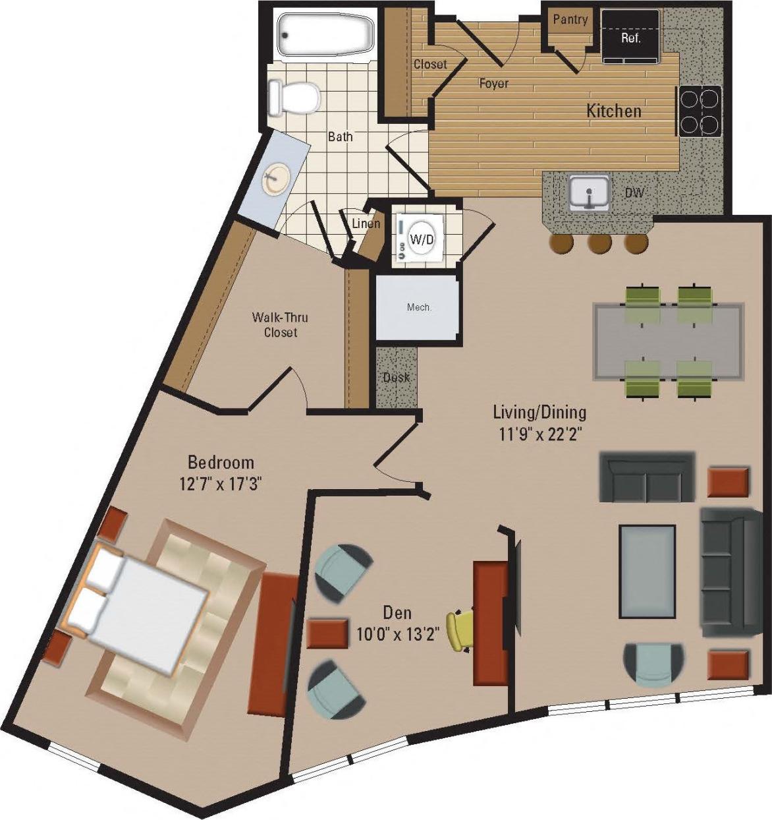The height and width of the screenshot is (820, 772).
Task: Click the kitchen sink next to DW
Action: (x=588, y=193)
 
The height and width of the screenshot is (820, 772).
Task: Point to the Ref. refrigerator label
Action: (x=631, y=38)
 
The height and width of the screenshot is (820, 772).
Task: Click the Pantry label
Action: (x=570, y=20)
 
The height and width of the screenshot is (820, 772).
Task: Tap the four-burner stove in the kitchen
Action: (x=699, y=111)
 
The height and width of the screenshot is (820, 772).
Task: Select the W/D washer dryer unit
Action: (x=422, y=239)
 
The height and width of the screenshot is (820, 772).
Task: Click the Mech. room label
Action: (x=419, y=307)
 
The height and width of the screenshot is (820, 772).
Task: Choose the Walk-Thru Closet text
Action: (x=280, y=325)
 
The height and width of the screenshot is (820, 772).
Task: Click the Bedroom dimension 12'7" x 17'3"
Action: (x=221, y=484)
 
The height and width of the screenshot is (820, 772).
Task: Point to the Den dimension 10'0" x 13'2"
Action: (x=398, y=634)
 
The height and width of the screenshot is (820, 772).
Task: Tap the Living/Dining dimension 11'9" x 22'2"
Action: (x=539, y=434)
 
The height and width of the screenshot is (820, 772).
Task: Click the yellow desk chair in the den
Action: (x=458, y=631)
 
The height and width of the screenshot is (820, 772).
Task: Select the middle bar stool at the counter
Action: (x=599, y=244)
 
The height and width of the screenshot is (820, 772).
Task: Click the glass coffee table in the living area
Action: (x=648, y=571)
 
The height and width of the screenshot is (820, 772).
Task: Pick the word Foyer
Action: (x=493, y=84)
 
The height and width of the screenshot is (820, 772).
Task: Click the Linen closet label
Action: (x=366, y=223)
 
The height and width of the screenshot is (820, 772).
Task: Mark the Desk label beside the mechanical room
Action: (x=396, y=378)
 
